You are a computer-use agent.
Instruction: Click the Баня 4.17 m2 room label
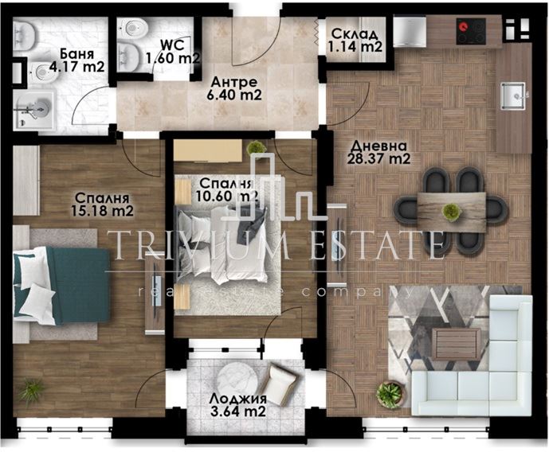point(77,60)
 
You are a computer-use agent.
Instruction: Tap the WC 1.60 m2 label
point(173,52)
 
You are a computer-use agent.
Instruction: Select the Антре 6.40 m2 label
point(234,88)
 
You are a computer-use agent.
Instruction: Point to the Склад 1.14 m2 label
point(355,41)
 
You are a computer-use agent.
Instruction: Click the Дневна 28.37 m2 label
point(378,152)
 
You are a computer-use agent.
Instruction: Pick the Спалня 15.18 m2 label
point(102,205)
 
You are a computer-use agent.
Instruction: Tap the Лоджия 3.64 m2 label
point(237,404)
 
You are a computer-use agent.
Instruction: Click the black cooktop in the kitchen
point(471,31)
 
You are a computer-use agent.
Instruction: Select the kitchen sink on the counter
point(512,95)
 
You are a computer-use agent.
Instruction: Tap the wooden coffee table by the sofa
point(456,344)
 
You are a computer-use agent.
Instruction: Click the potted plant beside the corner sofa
point(390,395)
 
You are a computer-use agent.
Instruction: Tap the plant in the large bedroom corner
point(32,392)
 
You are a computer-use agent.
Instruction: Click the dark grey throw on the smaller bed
point(251,226)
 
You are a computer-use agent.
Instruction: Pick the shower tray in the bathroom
point(35,109)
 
